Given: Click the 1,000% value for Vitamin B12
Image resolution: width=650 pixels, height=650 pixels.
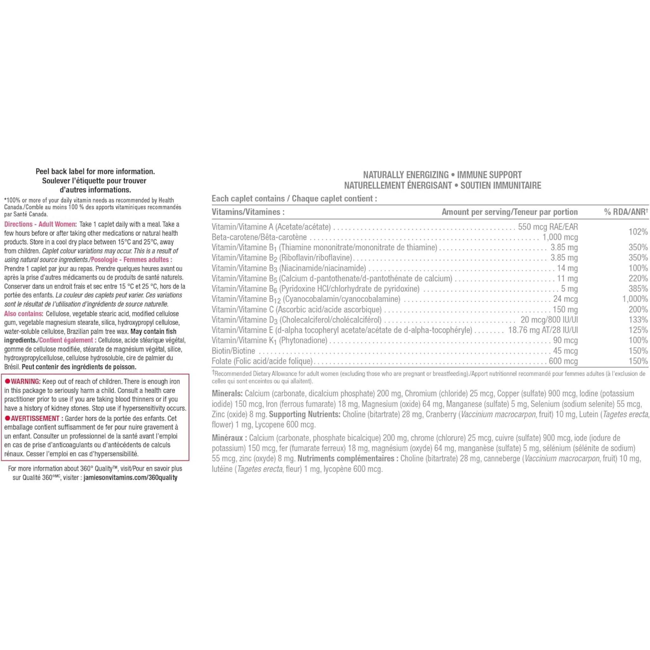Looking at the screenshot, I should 634,299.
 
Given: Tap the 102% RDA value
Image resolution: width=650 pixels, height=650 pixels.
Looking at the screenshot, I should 638,232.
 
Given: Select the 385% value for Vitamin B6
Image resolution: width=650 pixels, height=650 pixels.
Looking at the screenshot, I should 638,289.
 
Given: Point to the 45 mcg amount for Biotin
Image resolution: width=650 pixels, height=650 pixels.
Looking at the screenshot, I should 565,351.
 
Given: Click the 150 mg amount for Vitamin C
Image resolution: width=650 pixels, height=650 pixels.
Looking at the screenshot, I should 565,309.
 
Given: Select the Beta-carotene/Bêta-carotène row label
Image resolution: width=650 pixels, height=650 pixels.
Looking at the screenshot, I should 259,237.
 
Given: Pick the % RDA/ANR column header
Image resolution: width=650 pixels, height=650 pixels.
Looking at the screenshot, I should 626,212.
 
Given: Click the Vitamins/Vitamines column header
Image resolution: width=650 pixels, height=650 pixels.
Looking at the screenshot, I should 248,212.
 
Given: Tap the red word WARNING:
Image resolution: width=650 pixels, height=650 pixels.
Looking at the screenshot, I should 26,381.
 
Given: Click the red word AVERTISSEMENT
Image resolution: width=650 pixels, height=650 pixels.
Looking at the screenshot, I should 35,419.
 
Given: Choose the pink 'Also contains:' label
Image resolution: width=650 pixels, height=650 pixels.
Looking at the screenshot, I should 23,314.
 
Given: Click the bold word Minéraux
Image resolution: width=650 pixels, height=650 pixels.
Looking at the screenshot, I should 228,438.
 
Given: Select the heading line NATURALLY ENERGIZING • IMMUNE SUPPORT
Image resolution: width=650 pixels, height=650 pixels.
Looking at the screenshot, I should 442,175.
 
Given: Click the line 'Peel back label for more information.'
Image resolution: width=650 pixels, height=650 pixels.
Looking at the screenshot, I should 95,172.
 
